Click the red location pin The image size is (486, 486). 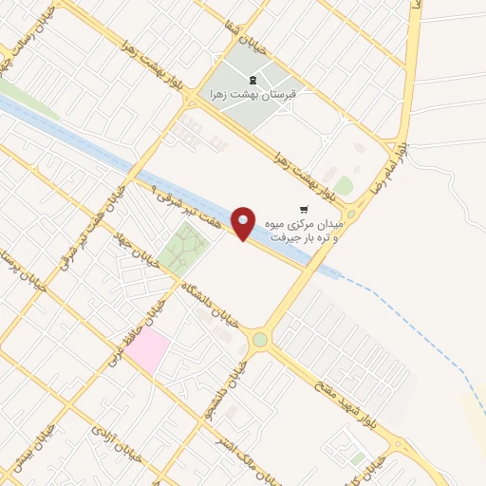pos(244,224)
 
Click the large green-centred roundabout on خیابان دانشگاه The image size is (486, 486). pos(259,340)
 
